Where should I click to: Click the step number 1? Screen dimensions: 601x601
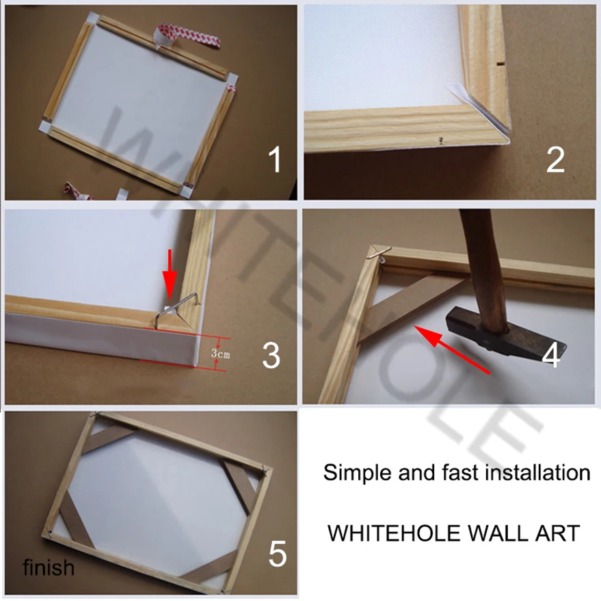tap(276, 159)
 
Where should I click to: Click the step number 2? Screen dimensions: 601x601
tap(555, 159)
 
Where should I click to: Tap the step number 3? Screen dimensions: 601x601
tap(271, 356)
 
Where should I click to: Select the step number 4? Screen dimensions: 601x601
tap(551, 356)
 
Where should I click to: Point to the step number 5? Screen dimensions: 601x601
tap(278, 553)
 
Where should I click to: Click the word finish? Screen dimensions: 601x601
tap(49, 567)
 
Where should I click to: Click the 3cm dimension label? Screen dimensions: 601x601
tap(220, 353)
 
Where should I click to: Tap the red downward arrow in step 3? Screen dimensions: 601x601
tap(170, 274)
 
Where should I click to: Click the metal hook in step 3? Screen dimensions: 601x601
tap(177, 310)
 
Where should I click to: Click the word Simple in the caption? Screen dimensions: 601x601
tap(358, 473)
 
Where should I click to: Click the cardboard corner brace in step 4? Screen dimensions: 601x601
tap(412, 306)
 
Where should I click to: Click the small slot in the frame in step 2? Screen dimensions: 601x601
tap(498, 62)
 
